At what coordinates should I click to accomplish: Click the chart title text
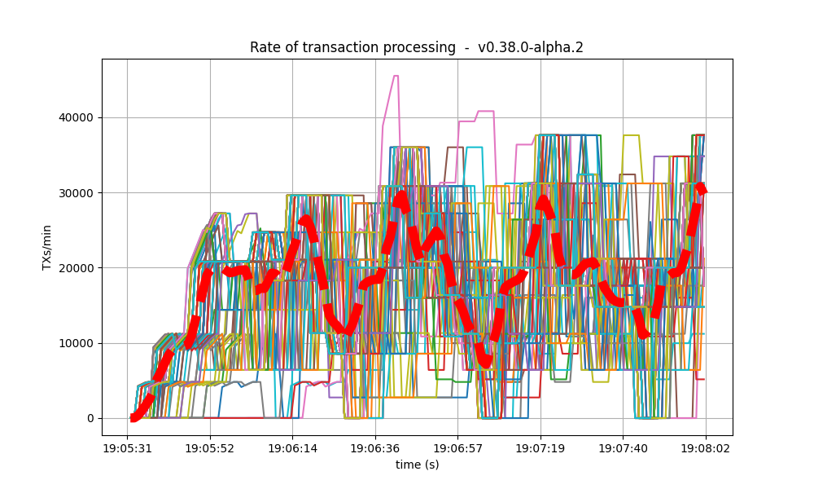pyautogui.click(x=416, y=47)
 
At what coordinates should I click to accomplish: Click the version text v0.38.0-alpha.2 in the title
pyautogui.click(x=531, y=47)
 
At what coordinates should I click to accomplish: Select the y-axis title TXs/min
pyautogui.click(x=47, y=247)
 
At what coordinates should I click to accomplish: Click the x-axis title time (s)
pyautogui.click(x=417, y=465)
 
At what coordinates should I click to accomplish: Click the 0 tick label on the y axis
pyautogui.click(x=90, y=418)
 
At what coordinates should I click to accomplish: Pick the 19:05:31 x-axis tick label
pyautogui.click(x=127, y=447)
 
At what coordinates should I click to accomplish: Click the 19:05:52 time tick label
pyautogui.click(x=210, y=447)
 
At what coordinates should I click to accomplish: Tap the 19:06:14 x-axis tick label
pyautogui.click(x=292, y=447)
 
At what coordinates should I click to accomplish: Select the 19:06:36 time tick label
pyautogui.click(x=375, y=447)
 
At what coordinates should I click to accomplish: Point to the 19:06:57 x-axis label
pyautogui.click(x=457, y=447)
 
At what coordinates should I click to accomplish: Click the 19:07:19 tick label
pyautogui.click(x=540, y=447)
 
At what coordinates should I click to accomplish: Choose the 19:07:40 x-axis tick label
pyautogui.click(x=623, y=447)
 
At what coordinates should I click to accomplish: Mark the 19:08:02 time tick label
pyautogui.click(x=706, y=447)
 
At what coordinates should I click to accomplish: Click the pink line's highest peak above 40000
pyautogui.click(x=396, y=77)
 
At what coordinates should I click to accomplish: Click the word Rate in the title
pyautogui.click(x=264, y=47)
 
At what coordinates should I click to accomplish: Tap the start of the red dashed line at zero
pyautogui.click(x=134, y=417)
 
